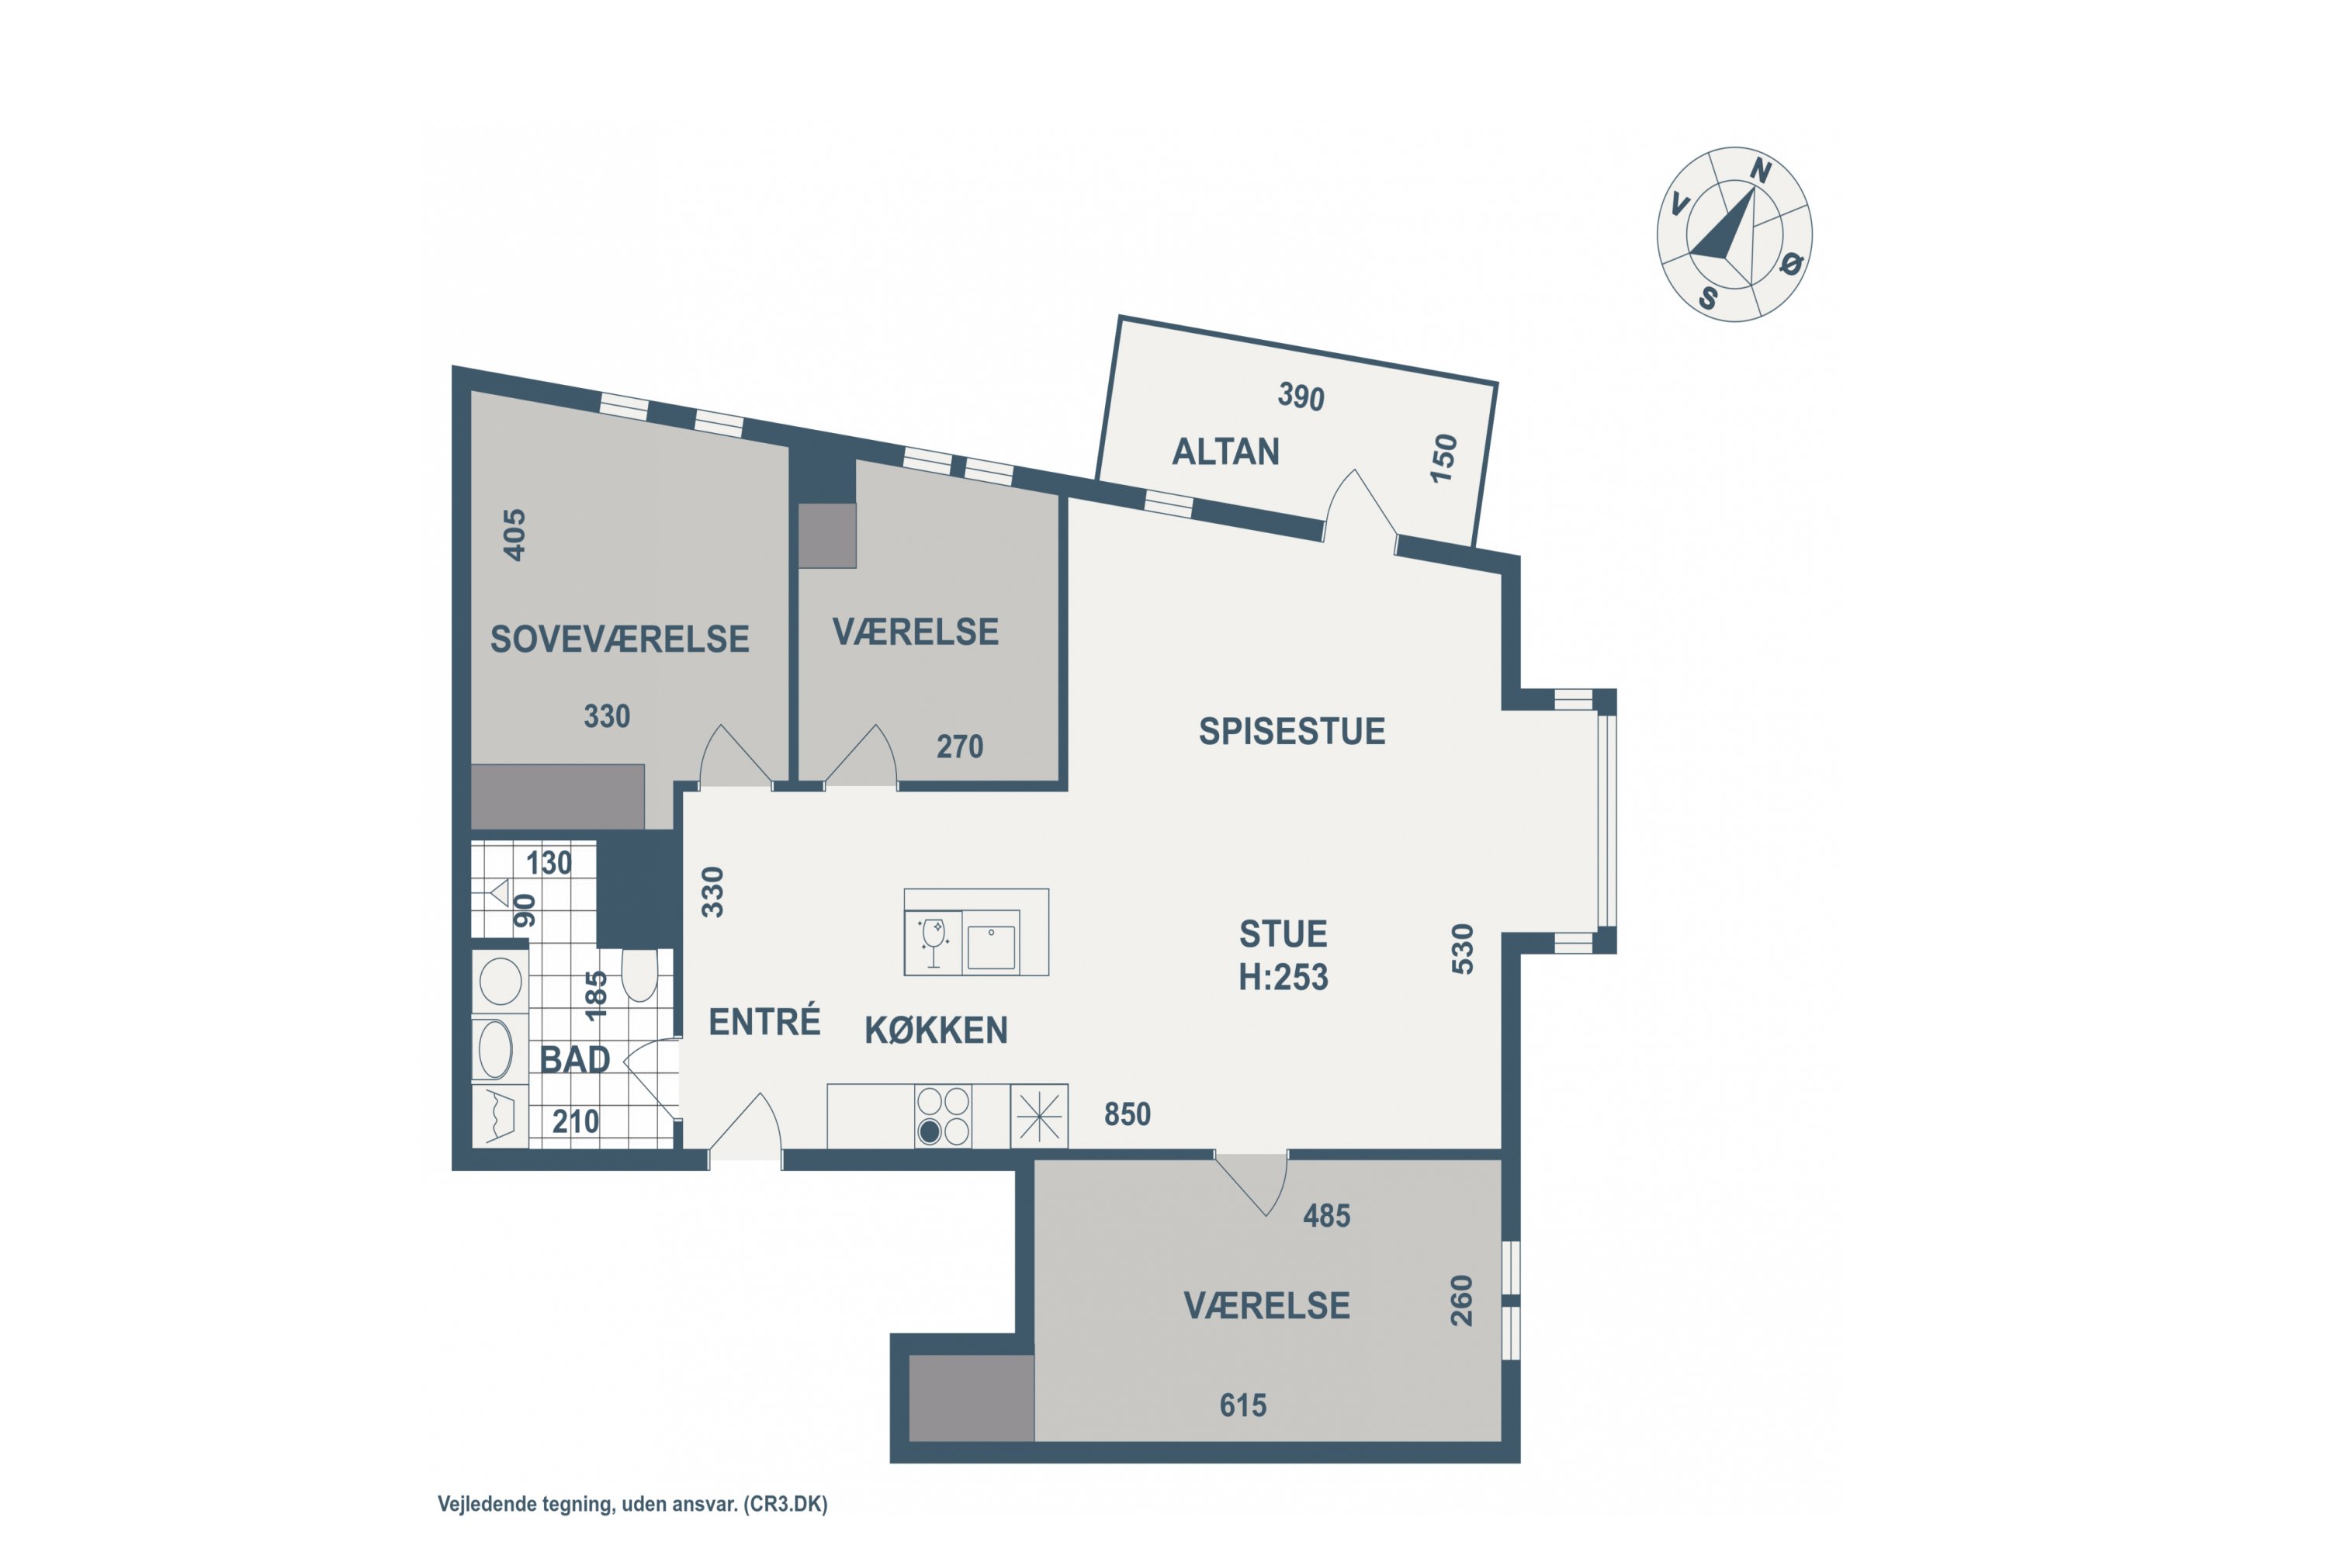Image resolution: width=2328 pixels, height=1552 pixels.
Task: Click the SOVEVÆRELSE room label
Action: (619, 639)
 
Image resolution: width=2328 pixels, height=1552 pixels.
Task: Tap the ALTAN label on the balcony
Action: (1225, 452)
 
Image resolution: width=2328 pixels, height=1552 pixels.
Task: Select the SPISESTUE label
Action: (1292, 732)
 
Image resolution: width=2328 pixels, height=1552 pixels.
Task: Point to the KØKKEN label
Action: (935, 1031)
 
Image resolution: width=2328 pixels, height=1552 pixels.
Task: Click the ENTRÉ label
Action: (764, 1021)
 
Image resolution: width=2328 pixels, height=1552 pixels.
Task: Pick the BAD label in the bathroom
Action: (574, 1060)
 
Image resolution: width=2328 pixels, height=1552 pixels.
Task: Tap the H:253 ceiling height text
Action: (1283, 978)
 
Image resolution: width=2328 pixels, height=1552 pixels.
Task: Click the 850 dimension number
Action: (1128, 1114)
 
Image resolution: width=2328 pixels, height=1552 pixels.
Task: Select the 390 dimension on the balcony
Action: (1301, 397)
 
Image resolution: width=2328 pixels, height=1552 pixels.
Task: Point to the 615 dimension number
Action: (1242, 1405)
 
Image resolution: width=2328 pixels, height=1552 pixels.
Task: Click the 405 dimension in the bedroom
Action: (514, 535)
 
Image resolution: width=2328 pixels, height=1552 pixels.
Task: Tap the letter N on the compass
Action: (1760, 171)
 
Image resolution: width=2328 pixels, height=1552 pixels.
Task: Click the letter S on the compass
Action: (1709, 297)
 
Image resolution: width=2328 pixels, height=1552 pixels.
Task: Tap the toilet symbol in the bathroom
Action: (639, 975)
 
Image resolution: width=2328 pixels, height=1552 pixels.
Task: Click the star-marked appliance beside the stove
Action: (1039, 1117)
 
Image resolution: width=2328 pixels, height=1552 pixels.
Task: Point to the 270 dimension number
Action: (959, 747)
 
